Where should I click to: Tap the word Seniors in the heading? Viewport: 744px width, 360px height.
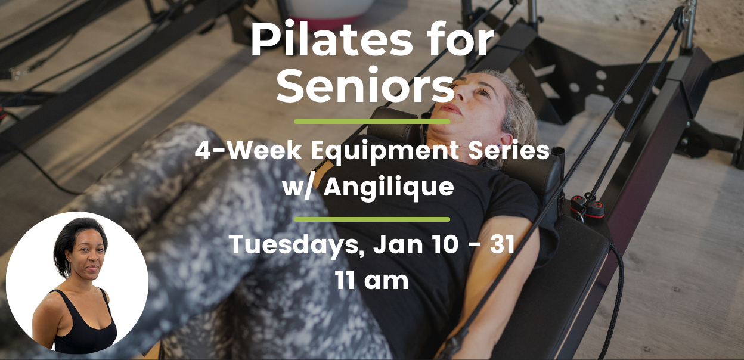tap(365, 85)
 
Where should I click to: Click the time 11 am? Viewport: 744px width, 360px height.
tap(371, 281)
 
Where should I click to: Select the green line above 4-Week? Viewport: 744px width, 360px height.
tap(372, 122)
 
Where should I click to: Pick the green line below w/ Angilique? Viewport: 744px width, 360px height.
tap(372, 219)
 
